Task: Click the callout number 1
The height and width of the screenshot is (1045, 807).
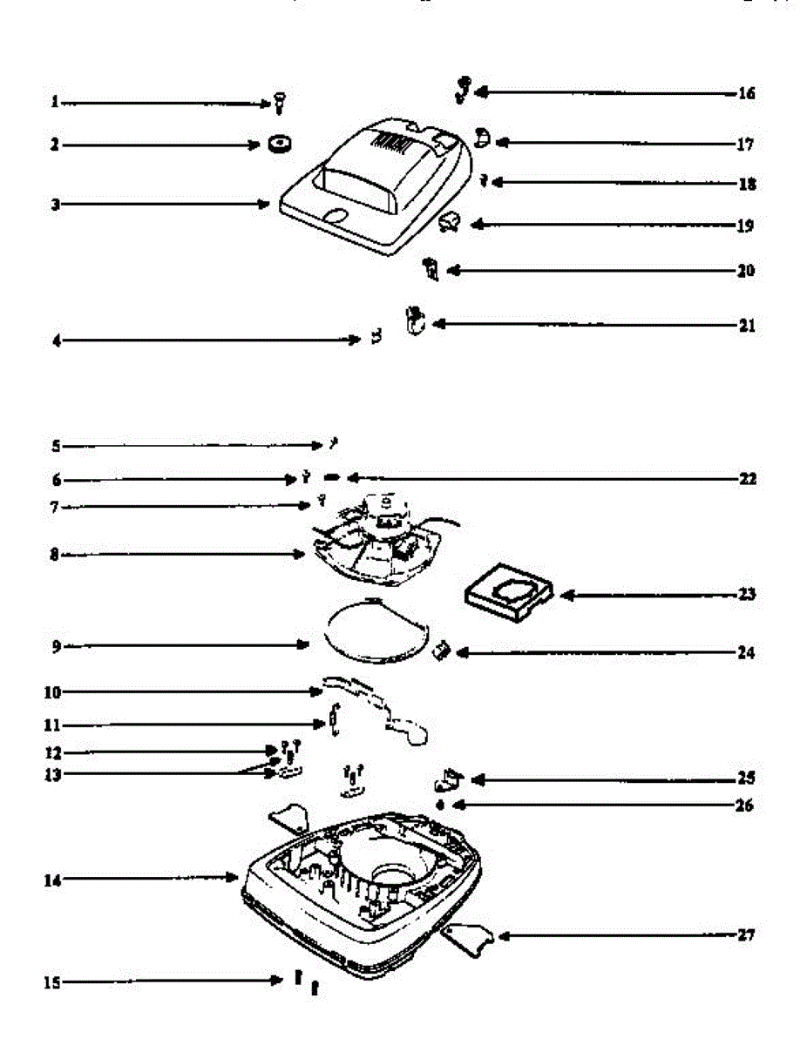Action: [x=54, y=103]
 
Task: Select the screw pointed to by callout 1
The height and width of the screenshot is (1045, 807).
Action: [x=280, y=102]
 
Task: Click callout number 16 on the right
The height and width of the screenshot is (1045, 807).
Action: [x=746, y=93]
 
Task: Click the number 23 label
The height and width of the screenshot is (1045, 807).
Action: [x=746, y=596]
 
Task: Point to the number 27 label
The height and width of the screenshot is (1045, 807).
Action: [x=745, y=936]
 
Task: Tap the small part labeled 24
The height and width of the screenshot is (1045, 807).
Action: [x=443, y=649]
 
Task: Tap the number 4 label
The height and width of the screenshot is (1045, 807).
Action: [x=55, y=340]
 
